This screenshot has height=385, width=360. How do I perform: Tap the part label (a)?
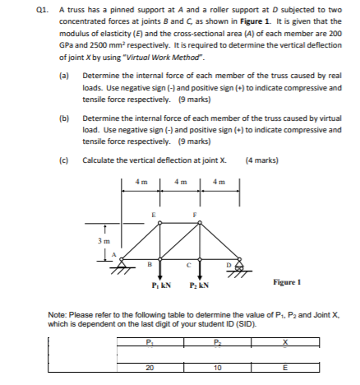pos(64,75)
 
